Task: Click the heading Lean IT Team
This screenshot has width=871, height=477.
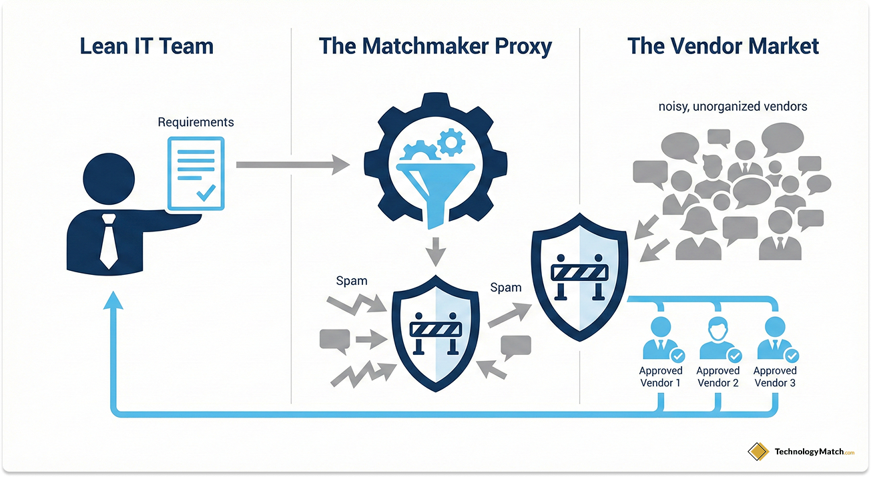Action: coord(147,47)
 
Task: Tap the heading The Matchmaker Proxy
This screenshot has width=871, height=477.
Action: coord(435,47)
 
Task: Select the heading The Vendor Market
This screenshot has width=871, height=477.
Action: coord(723,47)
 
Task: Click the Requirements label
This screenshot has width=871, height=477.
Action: coord(196,122)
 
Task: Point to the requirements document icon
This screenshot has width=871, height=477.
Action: coord(196,172)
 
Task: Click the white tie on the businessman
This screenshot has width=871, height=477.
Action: coord(109,241)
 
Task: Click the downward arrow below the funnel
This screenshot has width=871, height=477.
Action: coord(434,252)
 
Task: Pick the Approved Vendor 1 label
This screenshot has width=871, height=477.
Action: coord(661,377)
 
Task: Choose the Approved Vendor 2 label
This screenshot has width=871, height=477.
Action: coord(718,377)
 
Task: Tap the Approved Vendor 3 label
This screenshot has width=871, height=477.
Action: coord(775,377)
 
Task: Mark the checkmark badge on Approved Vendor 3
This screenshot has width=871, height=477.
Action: coord(792,356)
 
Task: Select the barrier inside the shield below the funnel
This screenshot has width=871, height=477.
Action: coord(434,330)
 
